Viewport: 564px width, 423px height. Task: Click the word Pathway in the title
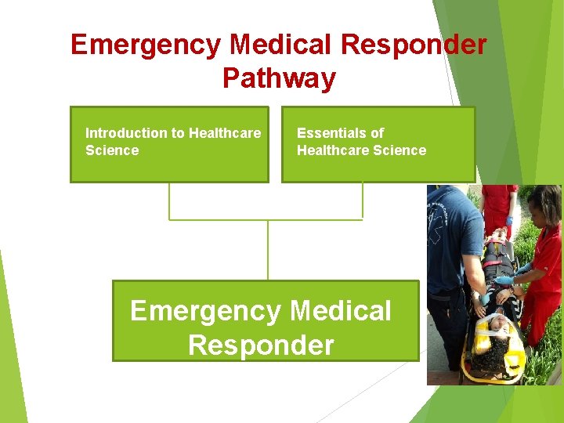click(x=279, y=78)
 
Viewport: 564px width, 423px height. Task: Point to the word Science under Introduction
click(x=111, y=150)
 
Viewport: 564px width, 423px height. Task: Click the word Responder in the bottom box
click(x=261, y=345)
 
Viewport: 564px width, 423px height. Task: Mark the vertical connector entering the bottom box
click(x=268, y=251)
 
